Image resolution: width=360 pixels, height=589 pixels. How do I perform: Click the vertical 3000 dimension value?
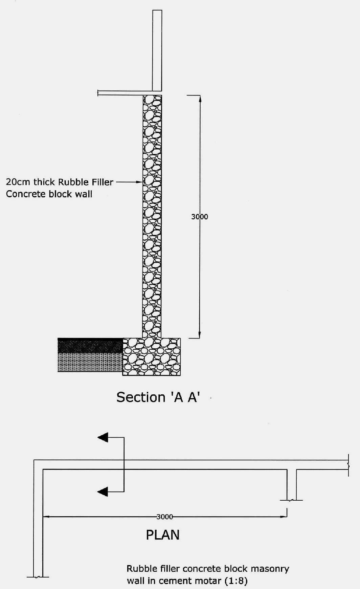(200, 217)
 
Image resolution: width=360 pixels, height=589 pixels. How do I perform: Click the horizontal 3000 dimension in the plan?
(165, 517)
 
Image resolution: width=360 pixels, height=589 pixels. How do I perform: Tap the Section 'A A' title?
(158, 397)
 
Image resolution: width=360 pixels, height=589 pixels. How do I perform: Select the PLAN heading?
(162, 535)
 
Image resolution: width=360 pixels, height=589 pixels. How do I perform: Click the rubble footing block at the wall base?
(152, 357)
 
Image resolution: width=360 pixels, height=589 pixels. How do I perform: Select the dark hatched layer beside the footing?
(90, 345)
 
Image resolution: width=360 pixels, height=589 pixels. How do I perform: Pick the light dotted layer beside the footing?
(90, 362)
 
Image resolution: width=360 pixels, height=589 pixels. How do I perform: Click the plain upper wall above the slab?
(157, 51)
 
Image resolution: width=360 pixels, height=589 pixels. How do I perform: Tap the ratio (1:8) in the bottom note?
(236, 581)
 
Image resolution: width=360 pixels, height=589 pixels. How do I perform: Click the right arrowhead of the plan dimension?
(284, 517)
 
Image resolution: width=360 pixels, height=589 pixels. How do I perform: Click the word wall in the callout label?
(83, 194)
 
